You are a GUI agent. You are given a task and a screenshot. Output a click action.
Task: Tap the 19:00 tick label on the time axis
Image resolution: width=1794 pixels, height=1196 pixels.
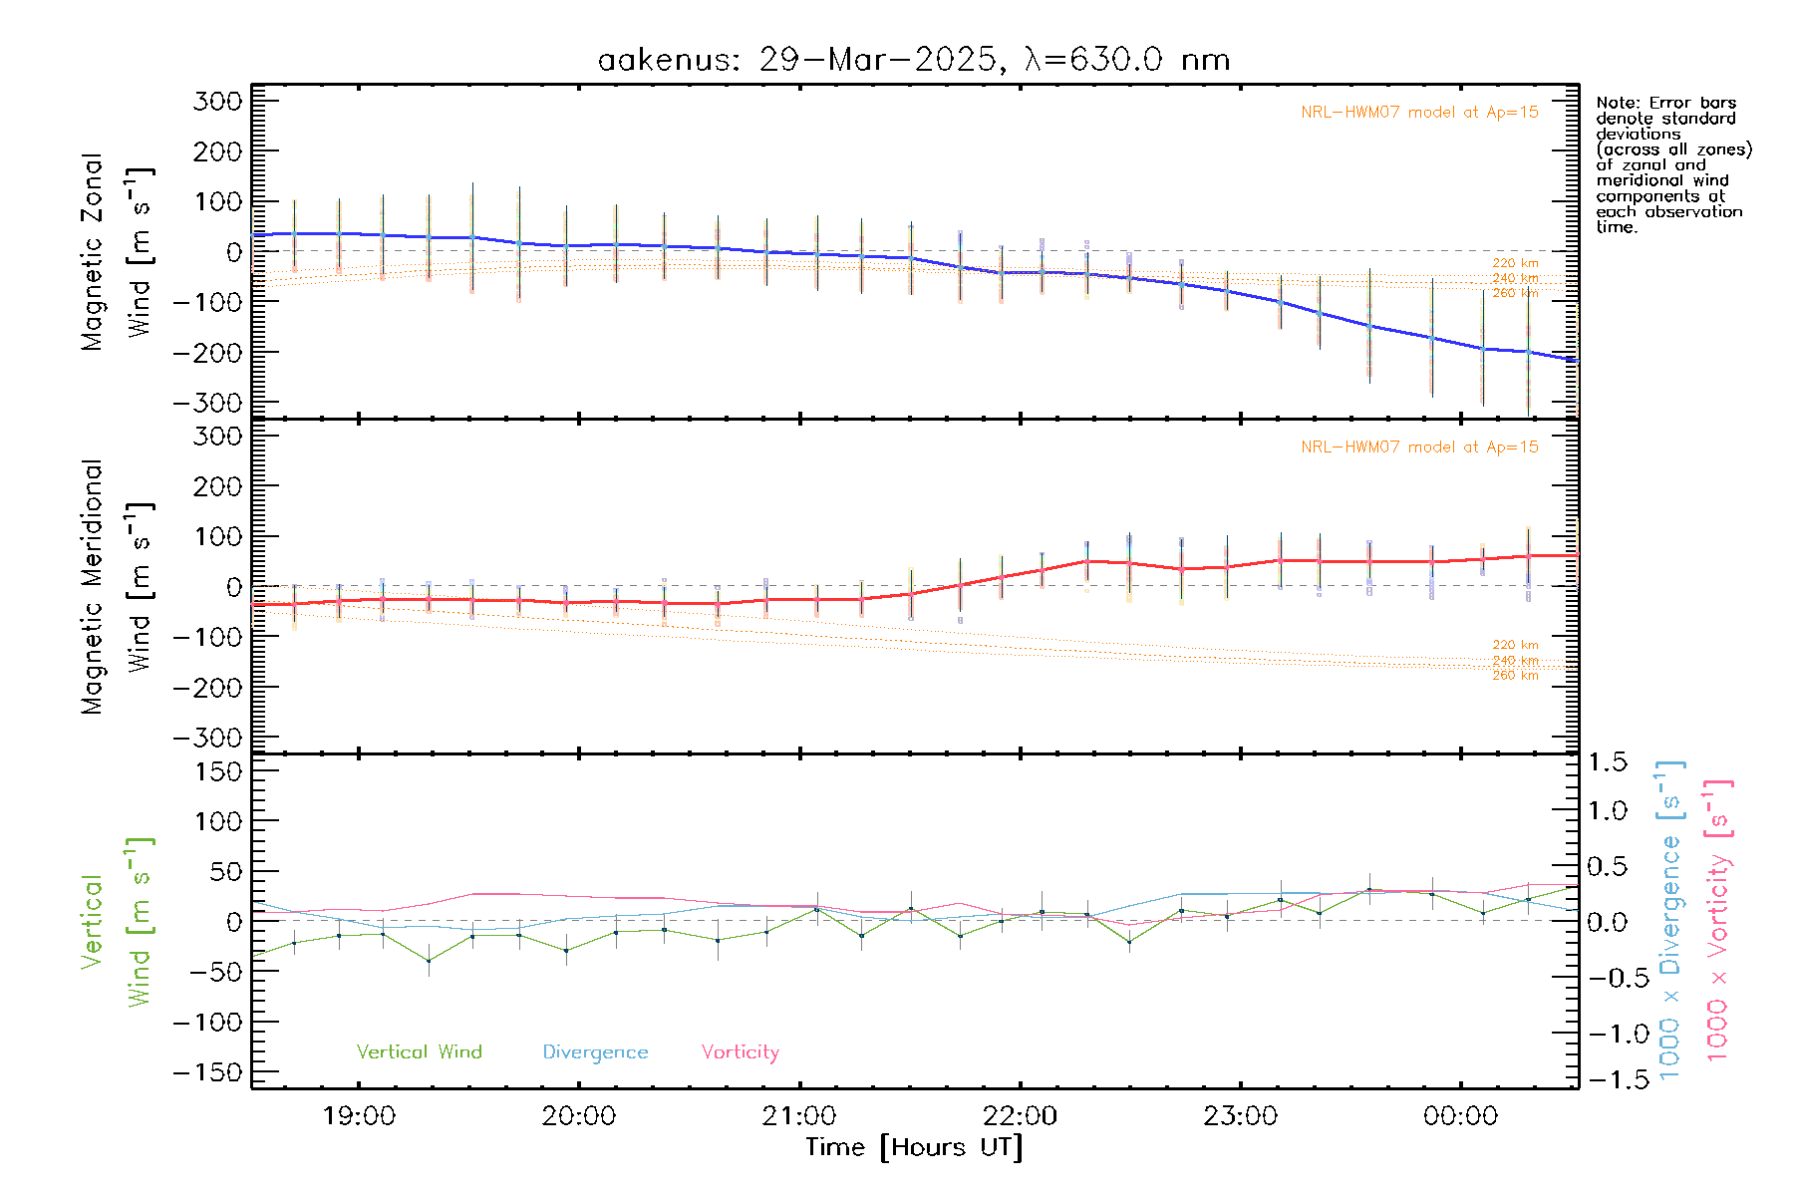(359, 1116)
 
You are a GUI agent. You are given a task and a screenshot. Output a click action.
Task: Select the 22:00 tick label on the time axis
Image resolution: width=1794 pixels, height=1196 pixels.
(1020, 1116)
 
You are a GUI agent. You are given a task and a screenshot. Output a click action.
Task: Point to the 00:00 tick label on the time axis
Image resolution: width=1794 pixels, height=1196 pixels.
(1460, 1116)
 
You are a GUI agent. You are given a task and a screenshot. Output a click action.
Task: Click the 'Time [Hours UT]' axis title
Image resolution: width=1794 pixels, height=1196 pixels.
(914, 1147)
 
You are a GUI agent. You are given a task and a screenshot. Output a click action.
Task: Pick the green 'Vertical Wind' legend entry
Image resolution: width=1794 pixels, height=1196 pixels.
(419, 1051)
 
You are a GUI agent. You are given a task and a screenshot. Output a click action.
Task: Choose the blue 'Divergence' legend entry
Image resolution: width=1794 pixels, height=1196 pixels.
(595, 1051)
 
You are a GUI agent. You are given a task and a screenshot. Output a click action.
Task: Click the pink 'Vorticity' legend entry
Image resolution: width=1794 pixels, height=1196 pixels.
(740, 1051)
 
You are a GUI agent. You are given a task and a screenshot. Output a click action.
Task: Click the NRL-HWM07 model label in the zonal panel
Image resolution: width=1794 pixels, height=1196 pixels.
(1419, 112)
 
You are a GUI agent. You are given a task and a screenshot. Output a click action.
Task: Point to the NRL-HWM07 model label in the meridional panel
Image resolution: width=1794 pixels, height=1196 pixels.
(1419, 447)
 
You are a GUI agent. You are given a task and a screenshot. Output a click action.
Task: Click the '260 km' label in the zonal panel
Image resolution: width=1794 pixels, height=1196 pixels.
(1515, 293)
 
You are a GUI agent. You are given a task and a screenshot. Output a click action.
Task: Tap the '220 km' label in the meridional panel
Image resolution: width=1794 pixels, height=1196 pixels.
(1515, 645)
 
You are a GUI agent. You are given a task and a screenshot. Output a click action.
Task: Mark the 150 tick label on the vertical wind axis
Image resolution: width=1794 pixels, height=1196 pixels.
(218, 771)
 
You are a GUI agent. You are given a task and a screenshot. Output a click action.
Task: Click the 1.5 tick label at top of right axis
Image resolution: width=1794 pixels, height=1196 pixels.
(1607, 762)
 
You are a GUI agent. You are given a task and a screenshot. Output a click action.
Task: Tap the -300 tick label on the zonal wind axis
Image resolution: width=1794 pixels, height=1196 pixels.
(207, 403)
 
